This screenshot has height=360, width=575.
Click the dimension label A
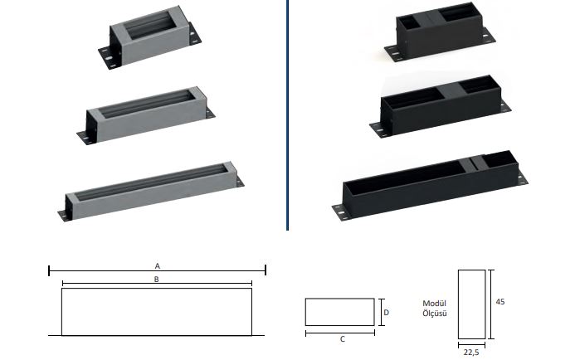[x=158, y=265]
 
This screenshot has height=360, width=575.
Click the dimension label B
[x=157, y=280]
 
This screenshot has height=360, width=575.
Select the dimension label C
[x=343, y=339]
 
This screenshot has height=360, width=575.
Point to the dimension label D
[x=386, y=313]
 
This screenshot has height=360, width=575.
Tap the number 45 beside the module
[x=500, y=302]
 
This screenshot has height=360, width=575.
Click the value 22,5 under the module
[x=471, y=353]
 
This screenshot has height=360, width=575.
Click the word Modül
[x=434, y=303]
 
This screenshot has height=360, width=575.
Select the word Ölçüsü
[x=435, y=314]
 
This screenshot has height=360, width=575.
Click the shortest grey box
[x=150, y=37]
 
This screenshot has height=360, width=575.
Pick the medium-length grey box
[x=146, y=115]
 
